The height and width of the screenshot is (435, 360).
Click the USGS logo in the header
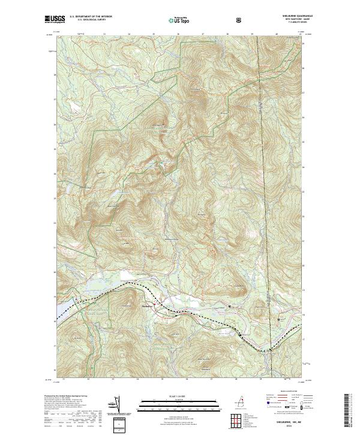[54, 19]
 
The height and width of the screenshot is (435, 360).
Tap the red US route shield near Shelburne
[155, 305]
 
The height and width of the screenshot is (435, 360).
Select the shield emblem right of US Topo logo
[239, 20]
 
